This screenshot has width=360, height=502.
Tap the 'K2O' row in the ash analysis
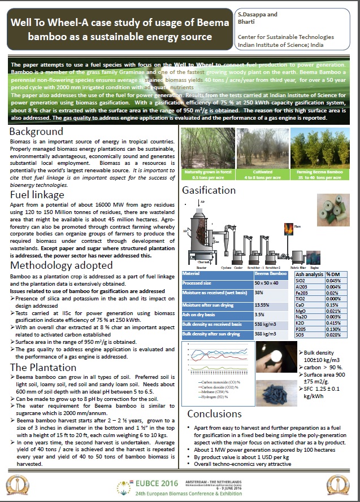303,323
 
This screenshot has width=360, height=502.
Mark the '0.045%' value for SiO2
336,281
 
